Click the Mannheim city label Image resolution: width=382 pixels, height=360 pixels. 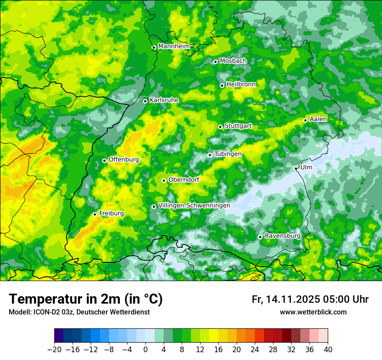click(174, 46)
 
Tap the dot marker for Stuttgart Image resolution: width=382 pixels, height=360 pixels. click(221, 127)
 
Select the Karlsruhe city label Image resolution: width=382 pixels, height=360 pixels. click(164, 100)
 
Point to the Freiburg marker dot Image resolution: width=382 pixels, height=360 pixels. click(95, 214)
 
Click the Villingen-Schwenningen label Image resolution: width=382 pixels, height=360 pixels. click(194, 206)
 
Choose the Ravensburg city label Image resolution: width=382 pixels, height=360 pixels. click(283, 236)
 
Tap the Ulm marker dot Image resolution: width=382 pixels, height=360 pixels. click(296, 168)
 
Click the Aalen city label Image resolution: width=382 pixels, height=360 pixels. click(318, 119)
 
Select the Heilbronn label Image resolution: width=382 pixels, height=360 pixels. click(241, 85)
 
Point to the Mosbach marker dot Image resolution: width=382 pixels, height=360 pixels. click(215, 62)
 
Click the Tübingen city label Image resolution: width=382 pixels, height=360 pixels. click(228, 154)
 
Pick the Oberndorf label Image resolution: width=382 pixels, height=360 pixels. click(184, 180)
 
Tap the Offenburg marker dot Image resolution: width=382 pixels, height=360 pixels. click(104, 160)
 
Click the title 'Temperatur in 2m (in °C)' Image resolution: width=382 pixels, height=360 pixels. click(86, 299)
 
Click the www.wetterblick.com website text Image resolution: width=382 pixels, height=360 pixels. click(313, 312)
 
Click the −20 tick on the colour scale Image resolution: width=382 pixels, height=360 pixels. click(54, 350)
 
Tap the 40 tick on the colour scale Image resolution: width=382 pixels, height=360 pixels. click(328, 350)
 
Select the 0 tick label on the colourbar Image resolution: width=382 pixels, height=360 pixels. click(145, 350)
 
